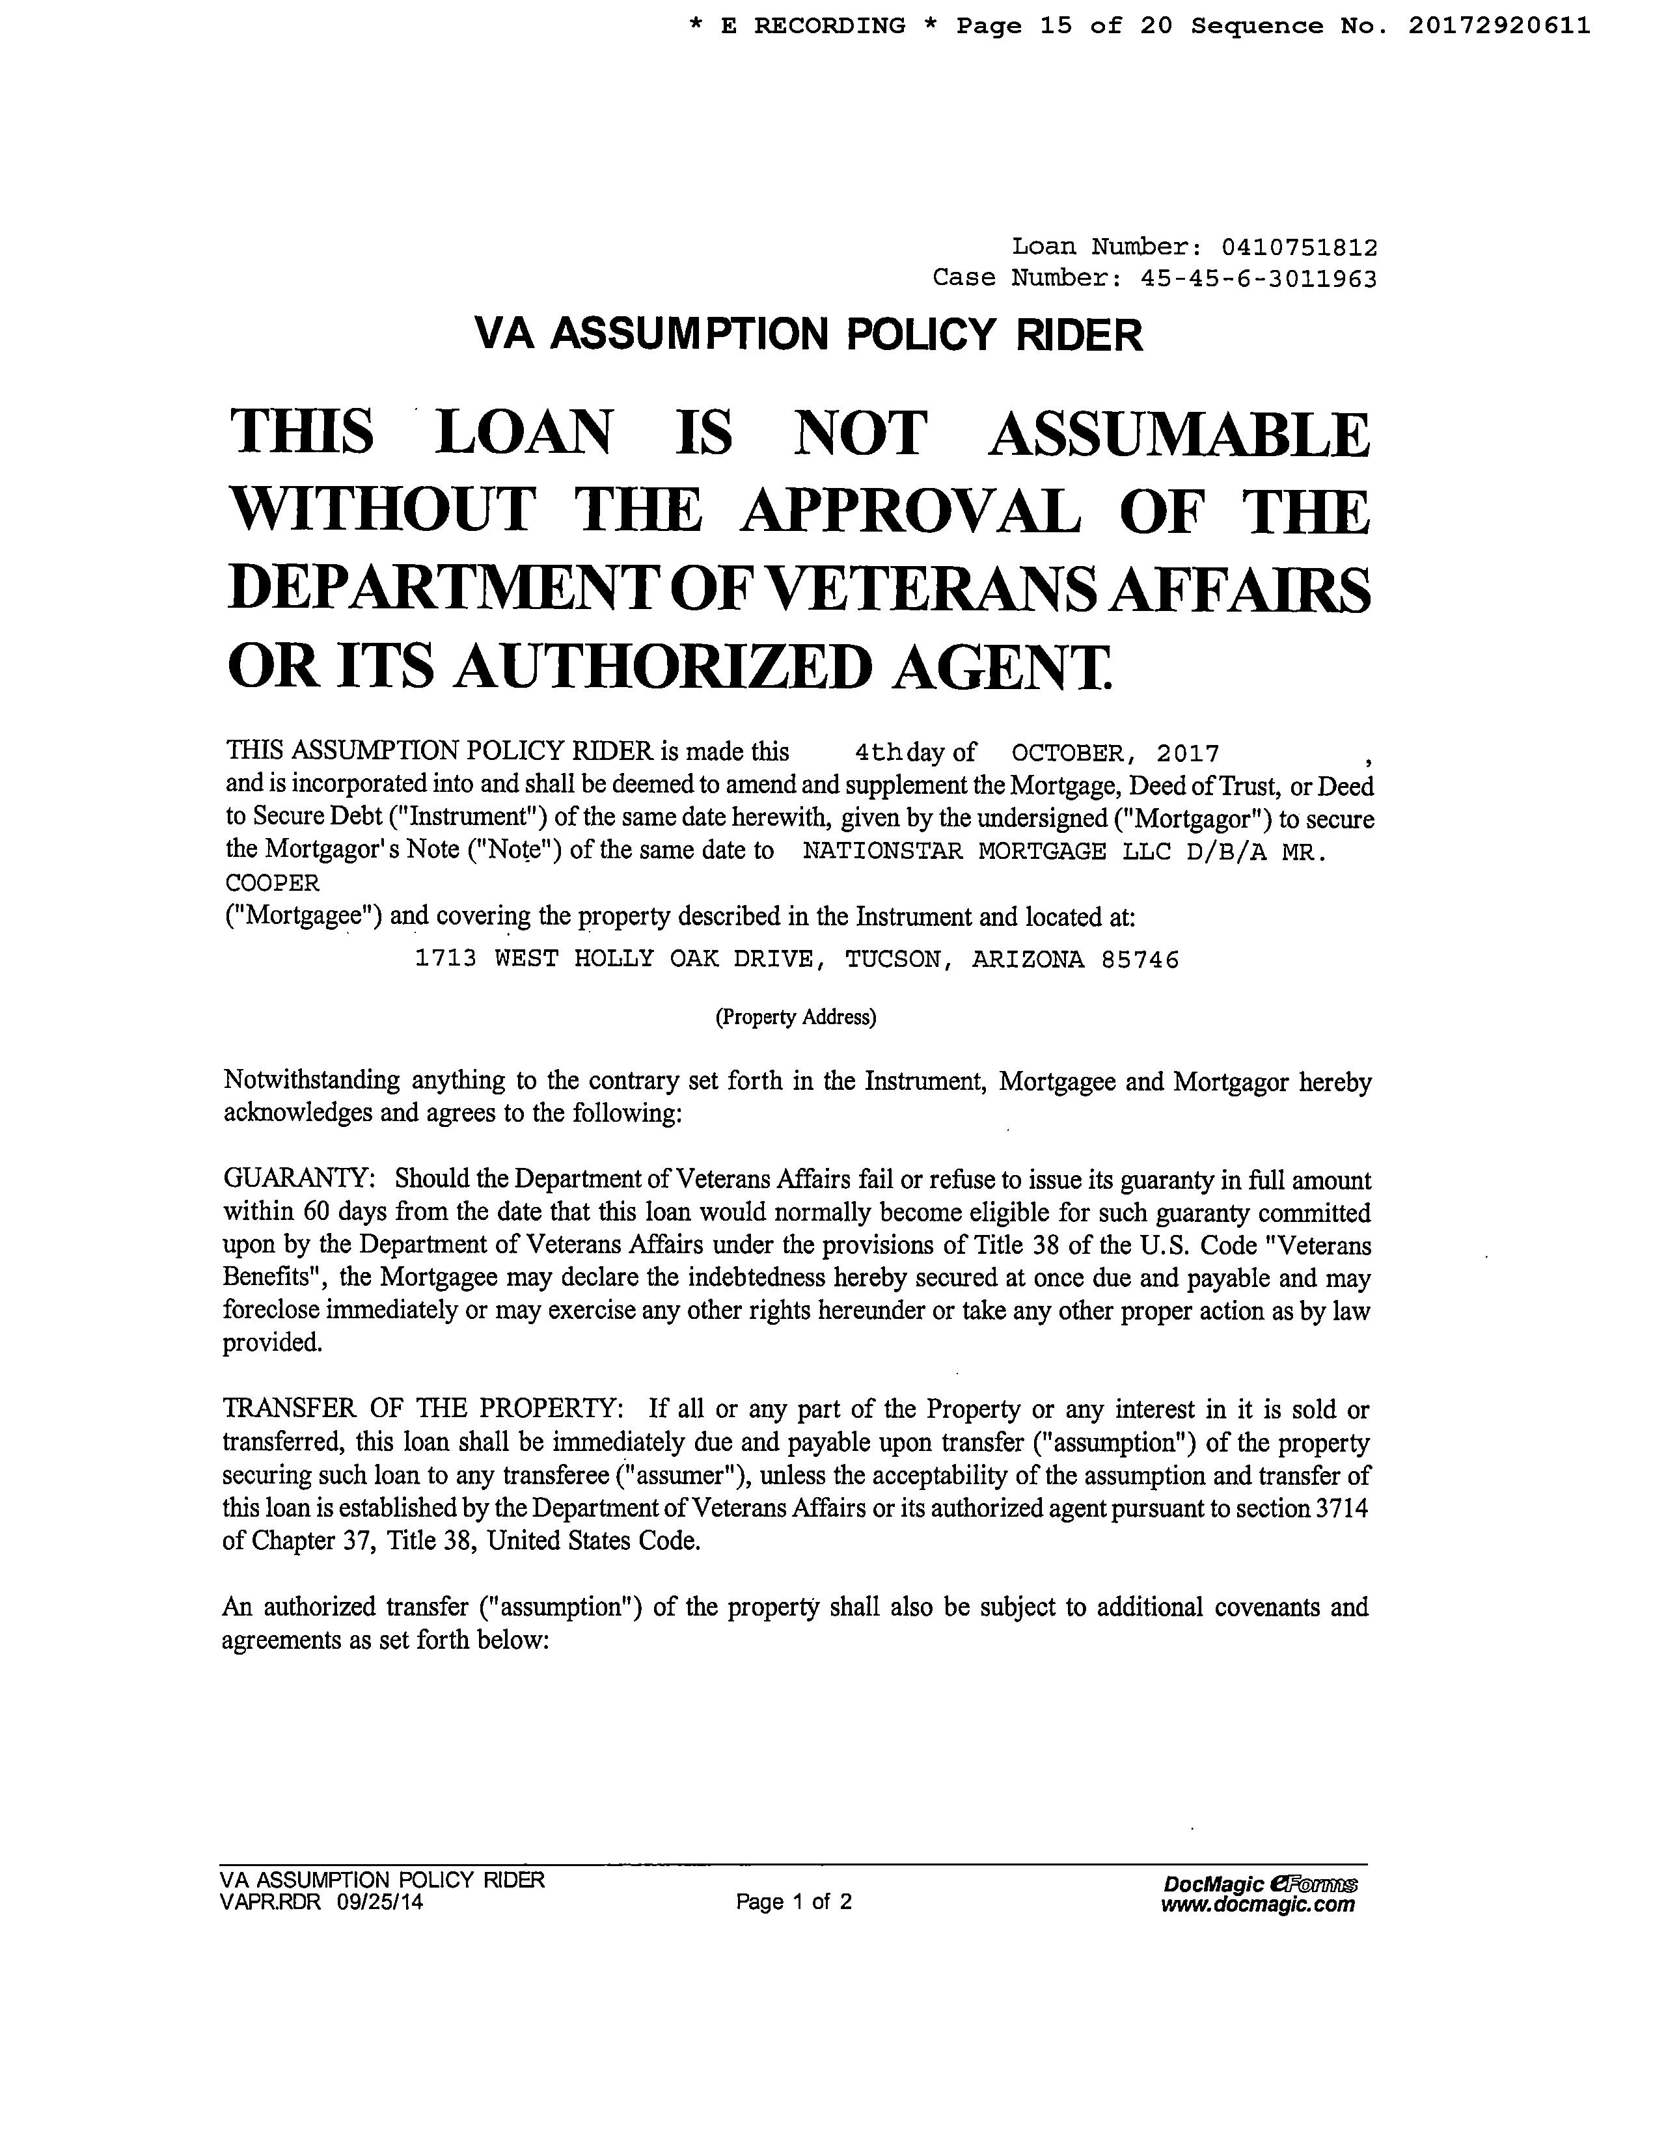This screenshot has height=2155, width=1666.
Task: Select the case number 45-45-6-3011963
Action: coord(1259,279)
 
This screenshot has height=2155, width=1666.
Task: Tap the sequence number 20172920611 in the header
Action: coord(1498,25)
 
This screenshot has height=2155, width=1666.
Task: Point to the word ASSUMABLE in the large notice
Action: coord(1179,434)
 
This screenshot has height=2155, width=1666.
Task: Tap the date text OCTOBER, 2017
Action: coord(1115,754)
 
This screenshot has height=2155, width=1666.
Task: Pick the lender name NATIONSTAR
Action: coord(881,852)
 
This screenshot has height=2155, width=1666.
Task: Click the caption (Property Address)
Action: coord(795,1017)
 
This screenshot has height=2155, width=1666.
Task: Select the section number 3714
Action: coord(1343,1509)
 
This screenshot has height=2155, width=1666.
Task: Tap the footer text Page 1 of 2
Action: coord(793,1903)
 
